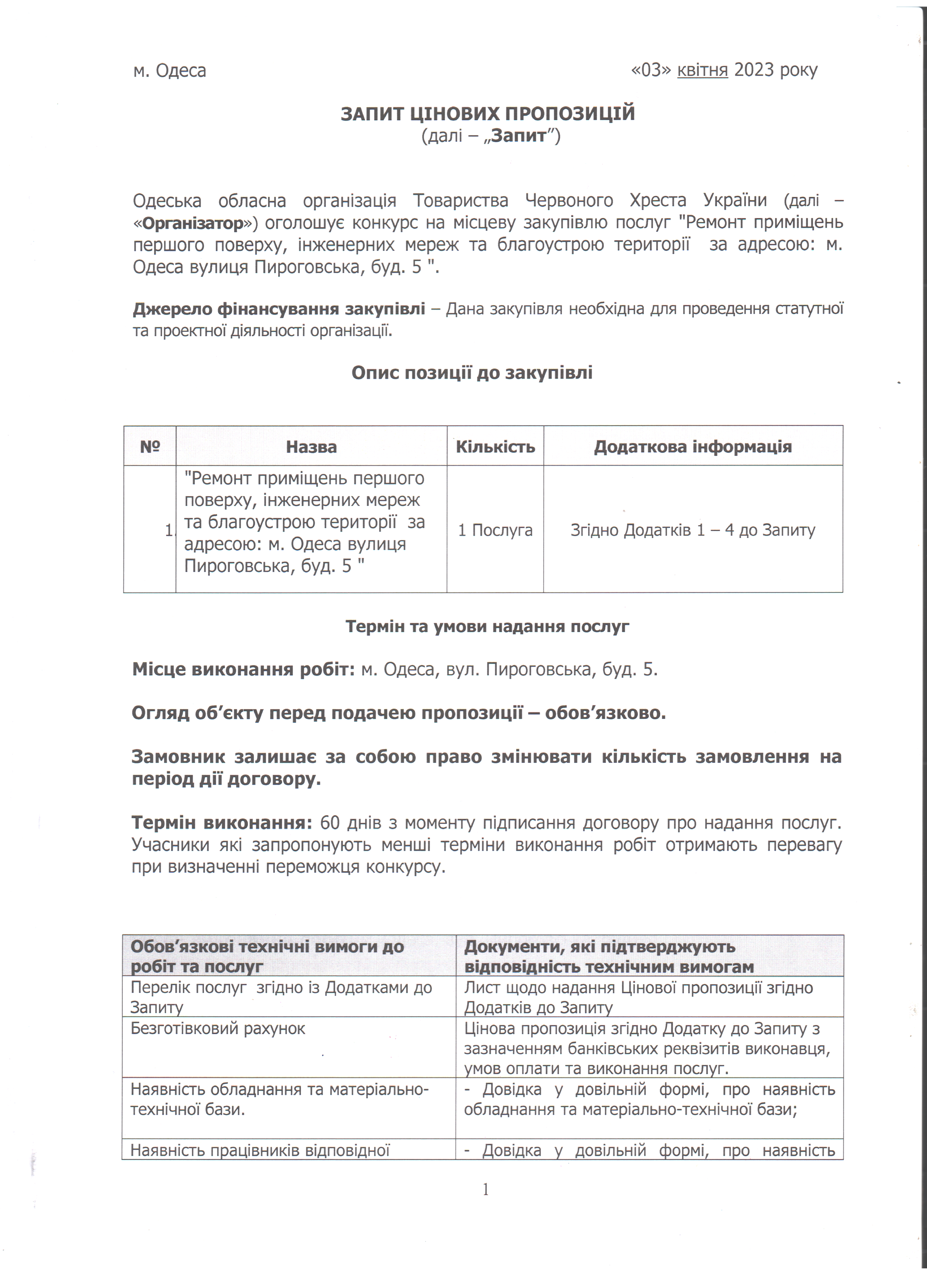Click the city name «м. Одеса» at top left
click(169, 71)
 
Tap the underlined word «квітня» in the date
click(702, 70)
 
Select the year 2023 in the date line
click(752, 70)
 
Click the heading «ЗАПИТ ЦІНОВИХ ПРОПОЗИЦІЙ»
click(487, 114)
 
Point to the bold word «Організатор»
click(193, 223)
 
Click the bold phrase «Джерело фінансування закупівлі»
click(279, 309)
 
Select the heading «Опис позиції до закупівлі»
click(472, 373)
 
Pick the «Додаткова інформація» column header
click(693, 447)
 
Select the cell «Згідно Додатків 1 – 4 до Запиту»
click(693, 530)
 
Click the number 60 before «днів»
click(329, 823)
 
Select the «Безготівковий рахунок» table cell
click(218, 1029)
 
